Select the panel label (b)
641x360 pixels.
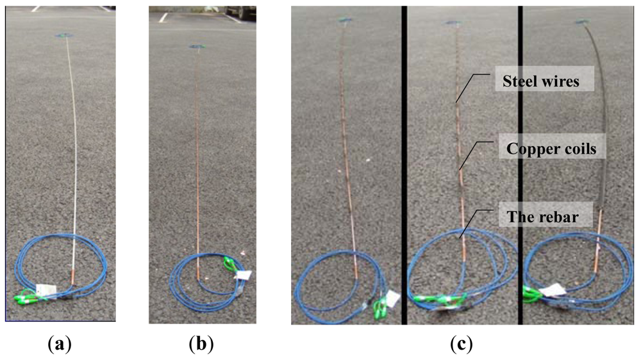[201, 344]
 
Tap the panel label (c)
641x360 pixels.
[460, 344]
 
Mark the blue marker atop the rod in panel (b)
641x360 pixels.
[197, 46]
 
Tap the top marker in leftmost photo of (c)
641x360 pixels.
[347, 20]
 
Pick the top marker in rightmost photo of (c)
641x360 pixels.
[583, 22]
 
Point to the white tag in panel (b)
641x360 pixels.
[243, 275]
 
